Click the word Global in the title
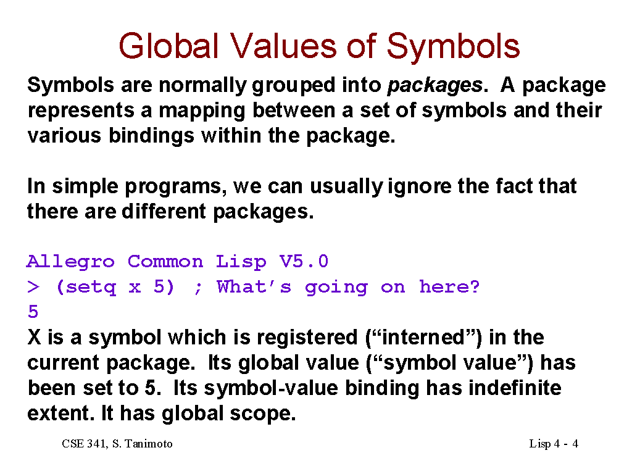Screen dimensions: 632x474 pos(168,46)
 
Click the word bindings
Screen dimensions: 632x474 pos(151,136)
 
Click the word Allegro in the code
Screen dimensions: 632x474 pos(70,262)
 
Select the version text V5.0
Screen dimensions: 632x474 pos(304,262)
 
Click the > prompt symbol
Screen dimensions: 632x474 pos(33,287)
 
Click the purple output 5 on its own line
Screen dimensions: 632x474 pos(33,312)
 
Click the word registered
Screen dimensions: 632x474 pos(307,338)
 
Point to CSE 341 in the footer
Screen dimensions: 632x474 pos(84,444)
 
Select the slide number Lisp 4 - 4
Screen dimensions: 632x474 pos(554,444)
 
